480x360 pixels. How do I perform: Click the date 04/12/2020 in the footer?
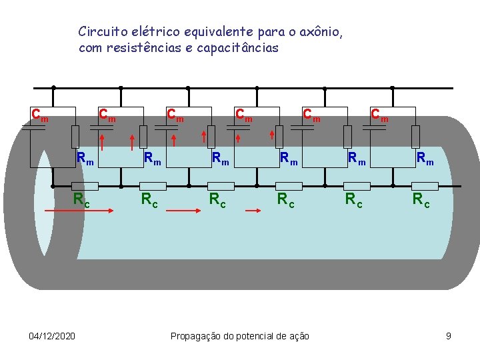point(52,336)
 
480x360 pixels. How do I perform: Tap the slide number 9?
point(449,336)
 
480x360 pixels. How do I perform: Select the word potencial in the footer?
point(254,336)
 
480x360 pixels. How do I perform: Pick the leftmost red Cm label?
point(40,115)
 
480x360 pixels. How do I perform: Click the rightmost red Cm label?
point(379,115)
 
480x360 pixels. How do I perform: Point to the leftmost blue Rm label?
point(85,159)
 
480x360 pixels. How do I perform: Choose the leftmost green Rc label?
point(81,199)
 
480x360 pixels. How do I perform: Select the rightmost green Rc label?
point(421,199)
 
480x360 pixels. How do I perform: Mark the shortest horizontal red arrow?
point(255,210)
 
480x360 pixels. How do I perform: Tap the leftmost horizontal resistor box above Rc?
point(85,186)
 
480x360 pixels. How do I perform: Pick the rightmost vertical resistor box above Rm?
point(415,136)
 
